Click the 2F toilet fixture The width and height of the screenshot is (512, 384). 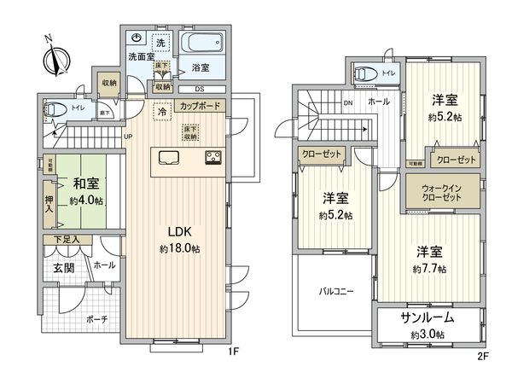pos(363,73)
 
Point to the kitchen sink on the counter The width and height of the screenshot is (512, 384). pos(166,157)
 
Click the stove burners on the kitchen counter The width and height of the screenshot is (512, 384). pos(212,157)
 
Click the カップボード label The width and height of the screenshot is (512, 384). pos(200,107)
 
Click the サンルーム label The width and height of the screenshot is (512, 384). pos(427,317)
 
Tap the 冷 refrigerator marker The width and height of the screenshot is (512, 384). pos(161,111)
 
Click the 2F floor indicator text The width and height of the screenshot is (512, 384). pos(482,350)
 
